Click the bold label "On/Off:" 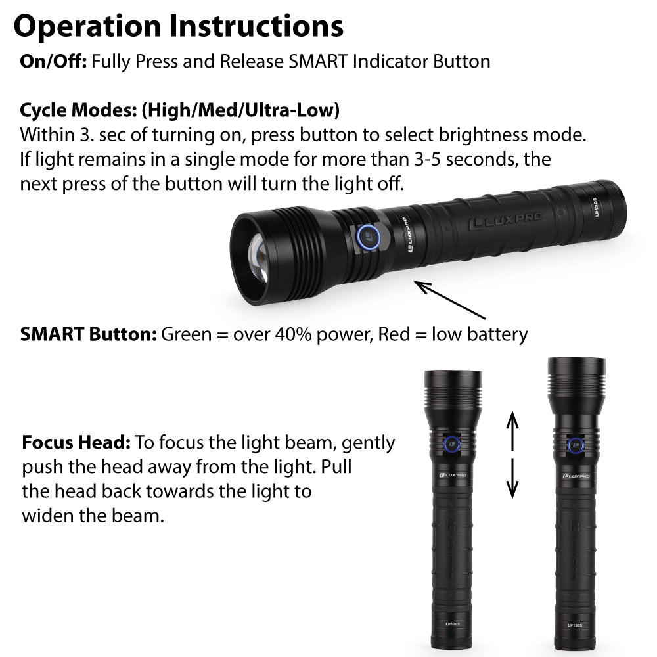[54, 62]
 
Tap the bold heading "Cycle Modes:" [79, 110]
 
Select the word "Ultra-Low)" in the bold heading [292, 110]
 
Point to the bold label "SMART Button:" [89, 334]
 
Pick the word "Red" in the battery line [394, 334]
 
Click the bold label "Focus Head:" [76, 442]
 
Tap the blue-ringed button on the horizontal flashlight [369, 237]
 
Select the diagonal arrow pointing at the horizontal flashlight [450, 300]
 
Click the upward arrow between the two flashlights [512, 431]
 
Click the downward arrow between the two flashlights [512, 478]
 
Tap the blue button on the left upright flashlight [452, 445]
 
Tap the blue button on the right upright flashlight [576, 445]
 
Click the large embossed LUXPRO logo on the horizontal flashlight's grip [505, 221]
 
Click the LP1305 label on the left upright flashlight [453, 624]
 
